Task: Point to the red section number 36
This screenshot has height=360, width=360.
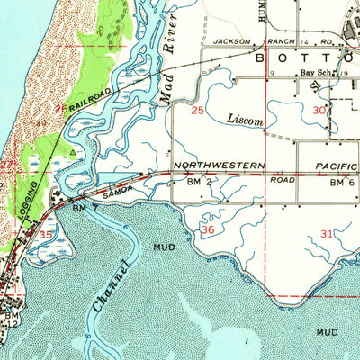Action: pos(208,230)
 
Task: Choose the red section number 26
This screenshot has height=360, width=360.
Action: pos(60,109)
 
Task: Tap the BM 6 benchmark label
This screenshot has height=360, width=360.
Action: pos(337,183)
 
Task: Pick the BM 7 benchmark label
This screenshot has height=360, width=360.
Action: pos(82,208)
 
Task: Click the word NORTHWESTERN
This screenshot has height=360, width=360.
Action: pos(220,166)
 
